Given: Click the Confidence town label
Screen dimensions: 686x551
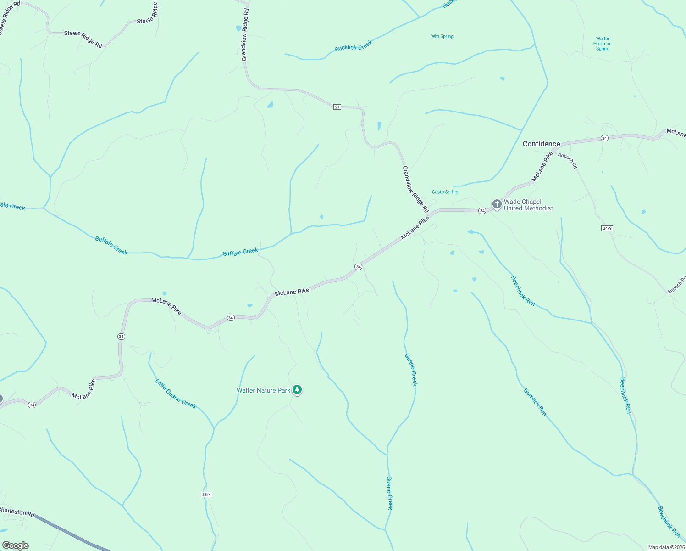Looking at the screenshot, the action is tap(541, 144).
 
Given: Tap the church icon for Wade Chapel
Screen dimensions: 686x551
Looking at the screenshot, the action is tap(497, 204).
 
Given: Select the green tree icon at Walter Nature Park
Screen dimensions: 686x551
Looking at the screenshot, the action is tap(297, 390).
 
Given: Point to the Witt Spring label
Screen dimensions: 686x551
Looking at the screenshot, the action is tap(442, 36).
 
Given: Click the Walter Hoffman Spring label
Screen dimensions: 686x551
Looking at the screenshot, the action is tap(603, 44).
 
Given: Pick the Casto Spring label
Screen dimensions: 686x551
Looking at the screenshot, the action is tap(445, 192).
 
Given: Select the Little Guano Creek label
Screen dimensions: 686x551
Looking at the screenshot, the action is tap(176, 394).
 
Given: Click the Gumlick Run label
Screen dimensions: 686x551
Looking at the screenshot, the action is tap(535, 402).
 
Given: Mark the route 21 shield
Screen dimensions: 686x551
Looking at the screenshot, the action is tap(337, 107).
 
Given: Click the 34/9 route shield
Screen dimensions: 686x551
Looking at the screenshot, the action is tap(607, 228).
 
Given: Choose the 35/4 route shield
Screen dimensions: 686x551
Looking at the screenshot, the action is tap(206, 495).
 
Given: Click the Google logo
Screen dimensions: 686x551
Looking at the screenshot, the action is tap(15, 545).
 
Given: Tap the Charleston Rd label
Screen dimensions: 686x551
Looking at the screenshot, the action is tap(17, 512).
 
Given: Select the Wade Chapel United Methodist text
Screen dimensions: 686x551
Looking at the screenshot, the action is tap(528, 205).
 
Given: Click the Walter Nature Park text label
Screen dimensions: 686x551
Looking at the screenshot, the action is tap(263, 390).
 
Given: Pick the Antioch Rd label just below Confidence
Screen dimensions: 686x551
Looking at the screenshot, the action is tap(568, 161).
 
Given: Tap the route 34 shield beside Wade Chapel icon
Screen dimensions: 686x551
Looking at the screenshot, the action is tap(482, 210).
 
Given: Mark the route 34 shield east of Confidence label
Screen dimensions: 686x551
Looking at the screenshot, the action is tap(604, 138).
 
